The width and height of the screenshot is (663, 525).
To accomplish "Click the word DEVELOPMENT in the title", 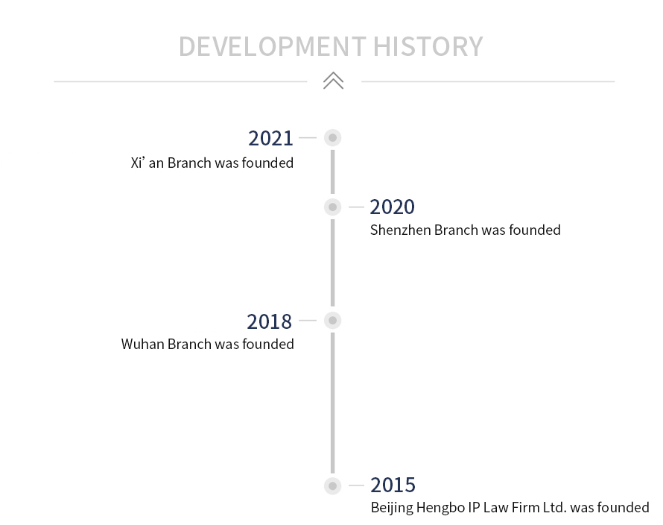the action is tap(273, 46).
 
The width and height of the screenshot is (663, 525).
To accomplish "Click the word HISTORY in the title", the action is tap(428, 46).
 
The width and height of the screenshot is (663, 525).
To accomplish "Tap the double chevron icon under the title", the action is tap(333, 81).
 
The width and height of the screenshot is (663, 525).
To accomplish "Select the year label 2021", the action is tap(270, 139).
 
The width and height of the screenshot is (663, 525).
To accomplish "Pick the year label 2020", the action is tap(393, 207).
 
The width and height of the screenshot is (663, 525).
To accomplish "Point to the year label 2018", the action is tap(270, 321).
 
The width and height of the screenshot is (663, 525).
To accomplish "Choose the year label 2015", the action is tap(393, 485).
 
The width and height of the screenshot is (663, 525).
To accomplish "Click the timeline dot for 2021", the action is tap(333, 138).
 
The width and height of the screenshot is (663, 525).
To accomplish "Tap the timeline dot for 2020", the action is tap(333, 207).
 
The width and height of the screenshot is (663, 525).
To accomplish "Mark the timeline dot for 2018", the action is tap(333, 321).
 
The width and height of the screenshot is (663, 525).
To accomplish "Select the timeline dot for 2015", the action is tap(333, 485).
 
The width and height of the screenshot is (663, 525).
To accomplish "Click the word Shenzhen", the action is tap(401, 230).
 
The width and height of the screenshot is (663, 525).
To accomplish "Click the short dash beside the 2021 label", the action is tap(308, 138).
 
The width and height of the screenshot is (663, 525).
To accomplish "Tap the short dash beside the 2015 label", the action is tap(356, 485).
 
